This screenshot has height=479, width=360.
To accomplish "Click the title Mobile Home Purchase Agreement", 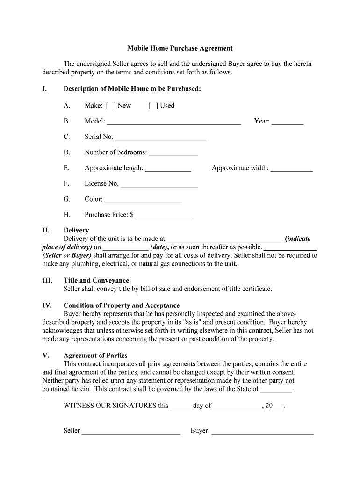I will click(x=180, y=48).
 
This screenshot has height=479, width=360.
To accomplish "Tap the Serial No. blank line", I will click(x=160, y=138).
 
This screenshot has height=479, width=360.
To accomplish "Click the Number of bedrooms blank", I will click(x=173, y=153).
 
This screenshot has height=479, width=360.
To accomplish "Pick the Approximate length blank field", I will click(x=168, y=169).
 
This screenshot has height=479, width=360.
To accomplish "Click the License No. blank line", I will click(x=159, y=185).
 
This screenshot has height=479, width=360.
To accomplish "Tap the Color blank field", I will click(x=143, y=200).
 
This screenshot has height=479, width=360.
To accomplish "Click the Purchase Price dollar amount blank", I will click(x=163, y=216).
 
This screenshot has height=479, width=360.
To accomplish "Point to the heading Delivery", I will click(x=76, y=231).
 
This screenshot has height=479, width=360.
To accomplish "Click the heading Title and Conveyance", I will click(x=96, y=281).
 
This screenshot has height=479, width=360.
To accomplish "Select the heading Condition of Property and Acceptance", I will click(x=122, y=305).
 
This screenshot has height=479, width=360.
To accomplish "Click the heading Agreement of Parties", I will click(x=95, y=356).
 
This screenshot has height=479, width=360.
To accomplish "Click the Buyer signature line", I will click(x=262, y=432).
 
